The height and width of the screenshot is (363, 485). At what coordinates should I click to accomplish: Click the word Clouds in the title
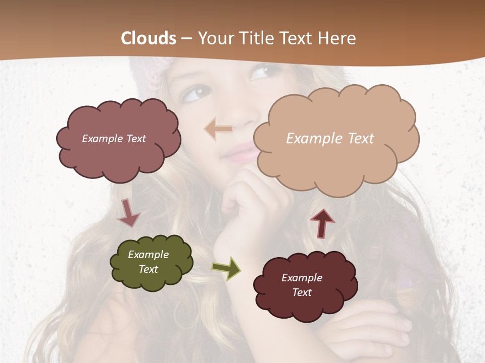[149, 38]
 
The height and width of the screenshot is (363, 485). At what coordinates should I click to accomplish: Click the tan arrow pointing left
[218, 129]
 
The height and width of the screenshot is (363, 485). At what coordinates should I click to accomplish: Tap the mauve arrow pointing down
[128, 213]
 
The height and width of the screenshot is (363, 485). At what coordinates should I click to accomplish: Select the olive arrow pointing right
[226, 268]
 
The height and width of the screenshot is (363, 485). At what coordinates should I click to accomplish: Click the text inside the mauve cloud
[114, 138]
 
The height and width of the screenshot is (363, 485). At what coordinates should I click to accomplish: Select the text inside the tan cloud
[330, 139]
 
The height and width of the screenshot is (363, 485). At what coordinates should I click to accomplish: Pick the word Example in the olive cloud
[148, 255]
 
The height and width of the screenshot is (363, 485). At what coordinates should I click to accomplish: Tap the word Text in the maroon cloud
[302, 292]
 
